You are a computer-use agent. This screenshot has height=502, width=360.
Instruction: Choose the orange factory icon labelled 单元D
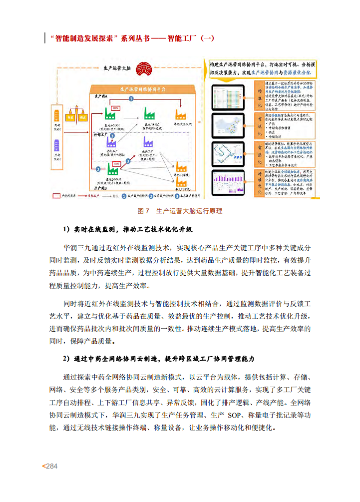[x=179, y=112]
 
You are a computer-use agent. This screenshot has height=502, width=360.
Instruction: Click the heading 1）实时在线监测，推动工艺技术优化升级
[x=127, y=229]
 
